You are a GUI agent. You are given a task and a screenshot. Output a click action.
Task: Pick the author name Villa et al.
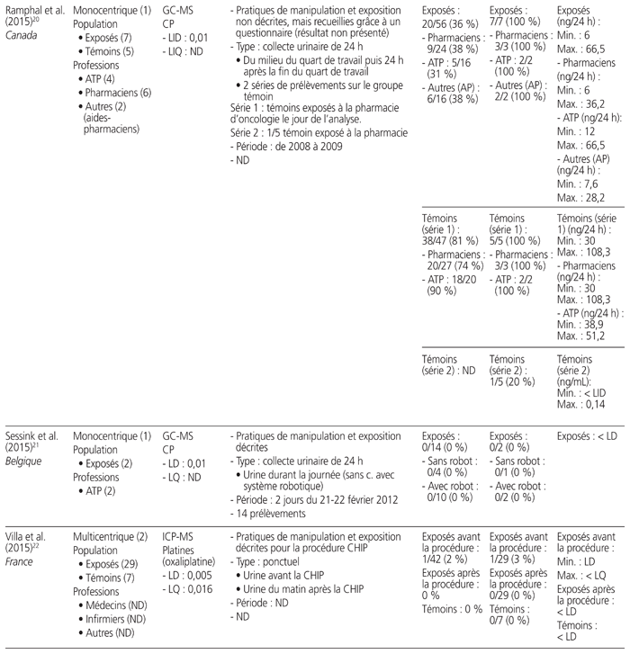pos(25,537)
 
